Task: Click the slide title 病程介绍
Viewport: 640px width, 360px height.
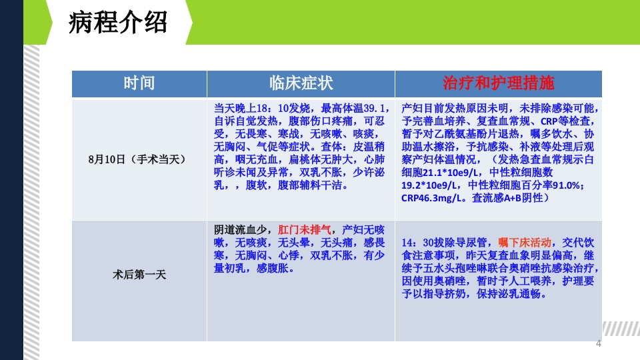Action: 118,24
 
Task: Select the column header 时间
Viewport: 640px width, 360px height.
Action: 139,83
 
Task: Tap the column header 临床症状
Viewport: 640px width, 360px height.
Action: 301,83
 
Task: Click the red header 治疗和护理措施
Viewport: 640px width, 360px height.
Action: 499,83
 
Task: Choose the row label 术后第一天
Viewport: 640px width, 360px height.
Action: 139,274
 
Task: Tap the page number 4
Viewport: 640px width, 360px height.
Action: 598,344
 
